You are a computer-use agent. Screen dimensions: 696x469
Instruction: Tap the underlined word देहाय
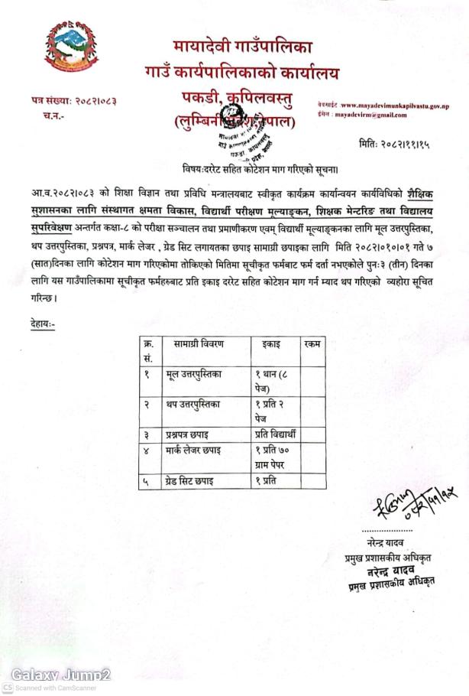pos(37,324)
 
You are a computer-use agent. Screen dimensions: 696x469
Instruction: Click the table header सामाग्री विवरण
pos(199,344)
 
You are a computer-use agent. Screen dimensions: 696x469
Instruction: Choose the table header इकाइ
pos(270,344)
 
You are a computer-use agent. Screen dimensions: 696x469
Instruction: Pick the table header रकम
pos(312,344)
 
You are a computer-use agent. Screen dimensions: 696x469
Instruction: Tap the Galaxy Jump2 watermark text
pos(62,675)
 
